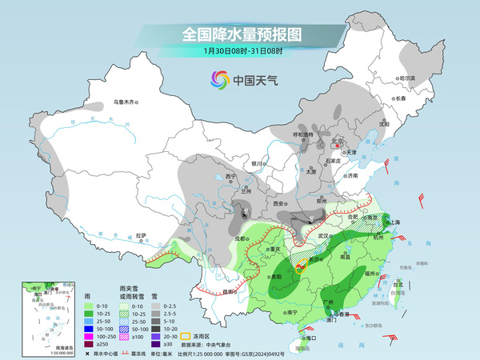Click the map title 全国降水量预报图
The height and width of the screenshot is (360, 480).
tap(241, 34)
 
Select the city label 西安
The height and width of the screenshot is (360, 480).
tap(279, 204)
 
